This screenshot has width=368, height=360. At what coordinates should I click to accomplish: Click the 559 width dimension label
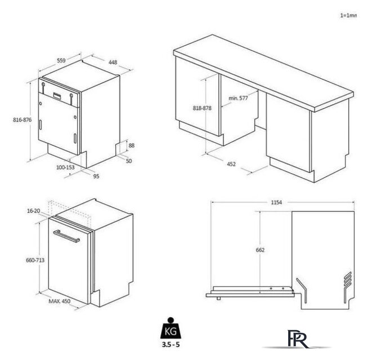61,60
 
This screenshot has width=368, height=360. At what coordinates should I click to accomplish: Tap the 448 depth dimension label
113,62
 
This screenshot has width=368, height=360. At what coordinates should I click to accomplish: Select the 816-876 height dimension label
22,120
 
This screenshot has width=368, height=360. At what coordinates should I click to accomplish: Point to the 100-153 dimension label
65,167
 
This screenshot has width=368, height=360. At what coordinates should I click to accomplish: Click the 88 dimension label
132,146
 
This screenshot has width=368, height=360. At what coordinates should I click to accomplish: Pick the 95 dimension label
96,176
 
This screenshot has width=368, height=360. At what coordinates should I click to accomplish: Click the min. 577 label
238,98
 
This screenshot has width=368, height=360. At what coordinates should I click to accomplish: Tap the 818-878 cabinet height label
202,108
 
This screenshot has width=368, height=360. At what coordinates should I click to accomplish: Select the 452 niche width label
231,164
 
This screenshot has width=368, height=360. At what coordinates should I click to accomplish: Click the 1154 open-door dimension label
276,202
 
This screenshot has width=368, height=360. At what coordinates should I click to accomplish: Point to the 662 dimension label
260,250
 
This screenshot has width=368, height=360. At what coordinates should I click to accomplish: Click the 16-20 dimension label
33,211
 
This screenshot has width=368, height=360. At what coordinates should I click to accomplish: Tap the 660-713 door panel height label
35,260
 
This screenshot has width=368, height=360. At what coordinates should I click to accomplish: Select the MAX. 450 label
60,301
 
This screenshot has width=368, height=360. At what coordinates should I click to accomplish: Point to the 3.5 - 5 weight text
170,345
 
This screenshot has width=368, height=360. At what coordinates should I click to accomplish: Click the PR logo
297,339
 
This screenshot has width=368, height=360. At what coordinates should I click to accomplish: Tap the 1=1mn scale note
348,16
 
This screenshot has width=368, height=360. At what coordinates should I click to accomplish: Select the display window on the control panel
57,95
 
